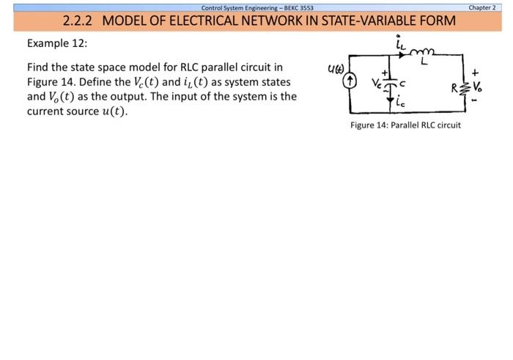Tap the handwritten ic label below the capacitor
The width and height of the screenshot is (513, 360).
click(401, 103)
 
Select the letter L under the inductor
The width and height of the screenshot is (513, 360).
click(424, 64)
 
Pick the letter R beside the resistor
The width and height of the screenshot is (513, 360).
click(454, 87)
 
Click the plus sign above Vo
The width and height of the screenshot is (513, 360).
click(475, 73)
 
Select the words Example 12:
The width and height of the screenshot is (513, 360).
click(57, 43)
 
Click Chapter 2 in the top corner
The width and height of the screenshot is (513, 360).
click(482, 7)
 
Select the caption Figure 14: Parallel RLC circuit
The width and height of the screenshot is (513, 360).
click(405, 125)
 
